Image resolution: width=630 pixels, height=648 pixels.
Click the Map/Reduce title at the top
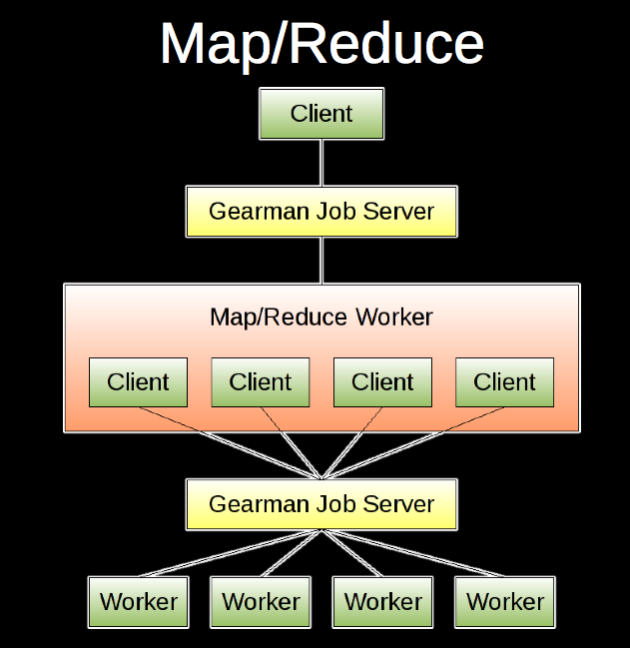321,44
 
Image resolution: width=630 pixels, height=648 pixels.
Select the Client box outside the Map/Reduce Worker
321,113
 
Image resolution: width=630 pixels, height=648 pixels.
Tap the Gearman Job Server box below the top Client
321,211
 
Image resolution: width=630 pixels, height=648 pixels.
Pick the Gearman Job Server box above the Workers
321,503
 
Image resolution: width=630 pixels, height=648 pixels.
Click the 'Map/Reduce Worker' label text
321,318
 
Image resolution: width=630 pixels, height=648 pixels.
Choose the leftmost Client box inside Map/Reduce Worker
138,381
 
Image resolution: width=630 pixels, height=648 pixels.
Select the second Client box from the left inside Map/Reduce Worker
261,381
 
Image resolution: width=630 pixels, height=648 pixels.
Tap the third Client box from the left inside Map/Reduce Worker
382,381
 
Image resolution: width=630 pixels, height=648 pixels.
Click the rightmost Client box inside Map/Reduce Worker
504,381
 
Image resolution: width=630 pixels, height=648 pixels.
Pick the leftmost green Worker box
138,601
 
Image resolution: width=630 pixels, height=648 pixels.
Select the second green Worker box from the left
261,601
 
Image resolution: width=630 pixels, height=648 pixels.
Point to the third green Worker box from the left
382,601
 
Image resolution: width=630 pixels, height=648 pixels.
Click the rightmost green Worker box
504,601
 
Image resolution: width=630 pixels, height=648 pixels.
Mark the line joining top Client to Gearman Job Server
321,162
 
